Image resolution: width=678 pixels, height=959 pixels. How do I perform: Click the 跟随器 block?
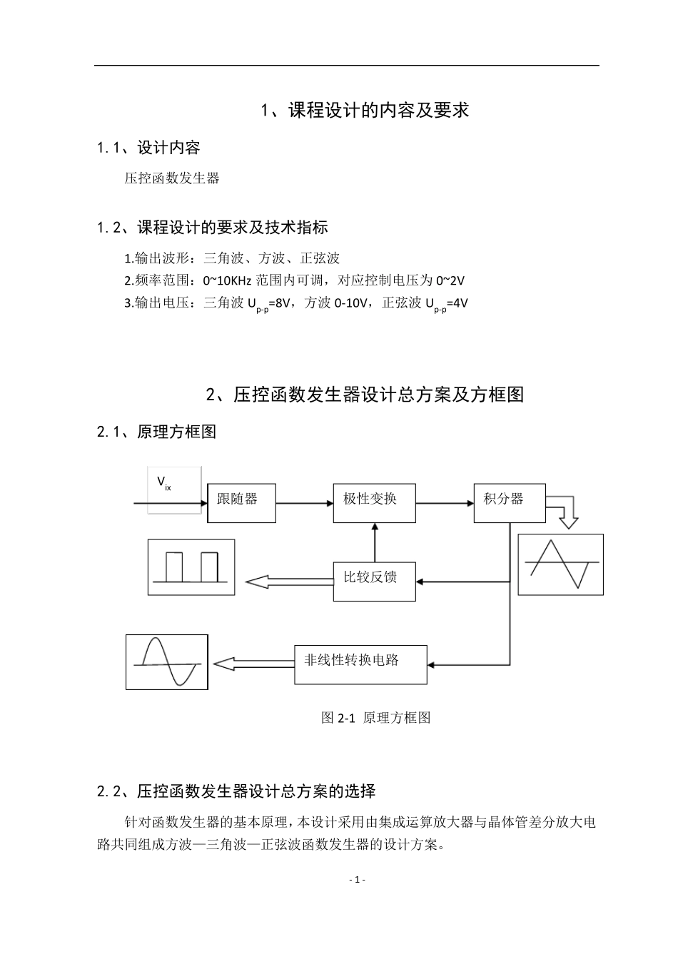pyautogui.click(x=241, y=502)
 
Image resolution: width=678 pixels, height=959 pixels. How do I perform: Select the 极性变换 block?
pyautogui.click(x=375, y=502)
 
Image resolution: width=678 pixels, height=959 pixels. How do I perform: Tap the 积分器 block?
pyautogui.click(x=510, y=502)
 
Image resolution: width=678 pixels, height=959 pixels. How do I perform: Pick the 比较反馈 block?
pyautogui.click(x=375, y=581)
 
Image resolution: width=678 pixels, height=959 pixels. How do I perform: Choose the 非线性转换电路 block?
pyautogui.click(x=360, y=664)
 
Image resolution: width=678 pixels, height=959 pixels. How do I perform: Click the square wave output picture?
pyautogui.click(x=191, y=567)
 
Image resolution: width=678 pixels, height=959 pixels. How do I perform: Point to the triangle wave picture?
pyautogui.click(x=560, y=564)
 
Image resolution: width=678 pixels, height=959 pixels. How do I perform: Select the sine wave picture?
pyautogui.click(x=167, y=661)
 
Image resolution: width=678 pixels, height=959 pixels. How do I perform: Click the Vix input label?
pyautogui.click(x=164, y=484)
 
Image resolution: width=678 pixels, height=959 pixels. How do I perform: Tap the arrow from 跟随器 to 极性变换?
pyautogui.click(x=305, y=503)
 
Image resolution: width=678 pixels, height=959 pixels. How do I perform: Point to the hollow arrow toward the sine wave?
pyautogui.click(x=254, y=664)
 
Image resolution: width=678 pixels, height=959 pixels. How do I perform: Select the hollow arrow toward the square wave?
pyautogui.click(x=289, y=582)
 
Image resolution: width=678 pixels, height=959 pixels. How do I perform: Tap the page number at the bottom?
pyautogui.click(x=358, y=879)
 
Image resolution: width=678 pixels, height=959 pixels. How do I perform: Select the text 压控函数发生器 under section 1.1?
pyautogui.click(x=172, y=178)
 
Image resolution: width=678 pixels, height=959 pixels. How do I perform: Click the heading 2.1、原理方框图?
pyautogui.click(x=156, y=432)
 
